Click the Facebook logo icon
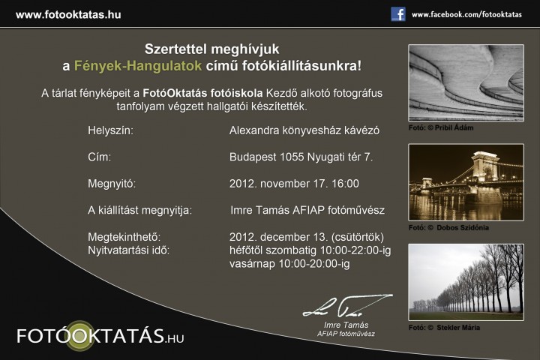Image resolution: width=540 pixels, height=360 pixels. pyautogui.click(x=398, y=14)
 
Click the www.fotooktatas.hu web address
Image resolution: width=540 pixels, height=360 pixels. pyautogui.click(x=68, y=15)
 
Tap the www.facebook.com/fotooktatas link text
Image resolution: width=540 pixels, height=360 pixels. pyautogui.click(x=466, y=15)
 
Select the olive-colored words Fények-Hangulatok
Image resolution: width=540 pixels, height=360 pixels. pyautogui.click(x=138, y=66)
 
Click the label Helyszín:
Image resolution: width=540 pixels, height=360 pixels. pyautogui.click(x=110, y=130)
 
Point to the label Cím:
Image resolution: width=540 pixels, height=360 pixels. pyautogui.click(x=100, y=157)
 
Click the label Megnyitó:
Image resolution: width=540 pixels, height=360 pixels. pyautogui.click(x=112, y=184)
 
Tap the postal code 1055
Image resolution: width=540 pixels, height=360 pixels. pyautogui.click(x=292, y=157)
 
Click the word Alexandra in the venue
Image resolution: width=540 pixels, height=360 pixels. pyautogui.click(x=254, y=130)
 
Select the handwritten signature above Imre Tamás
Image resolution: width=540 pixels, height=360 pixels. pyautogui.click(x=347, y=306)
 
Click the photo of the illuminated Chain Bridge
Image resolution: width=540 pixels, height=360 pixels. pyautogui.click(x=466, y=182)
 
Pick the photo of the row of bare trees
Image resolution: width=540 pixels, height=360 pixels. pyautogui.click(x=466, y=283)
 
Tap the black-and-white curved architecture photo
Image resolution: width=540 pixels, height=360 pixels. pyautogui.click(x=466, y=82)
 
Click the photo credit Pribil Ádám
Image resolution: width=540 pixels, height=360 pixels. pyautogui.click(x=454, y=127)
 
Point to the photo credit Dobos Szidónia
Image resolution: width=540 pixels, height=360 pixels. pyautogui.click(x=463, y=228)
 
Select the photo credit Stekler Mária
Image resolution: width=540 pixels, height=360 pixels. pyautogui.click(x=458, y=328)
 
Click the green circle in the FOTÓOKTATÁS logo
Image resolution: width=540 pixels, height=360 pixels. pyautogui.click(x=80, y=336)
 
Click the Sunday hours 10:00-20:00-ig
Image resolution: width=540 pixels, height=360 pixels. pyautogui.click(x=314, y=264)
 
